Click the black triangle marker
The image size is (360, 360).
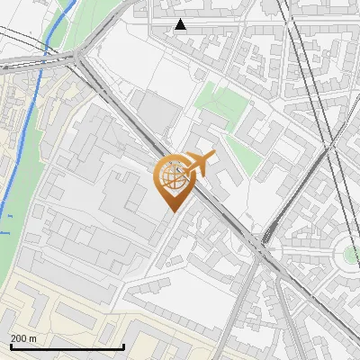tap(181, 24)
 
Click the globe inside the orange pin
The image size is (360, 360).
tap(172, 177)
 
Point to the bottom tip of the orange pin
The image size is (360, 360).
tap(172, 211)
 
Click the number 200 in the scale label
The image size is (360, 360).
tap(18, 338)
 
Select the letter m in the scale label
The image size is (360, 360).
tap(33, 338)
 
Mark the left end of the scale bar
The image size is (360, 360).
tap(11, 346)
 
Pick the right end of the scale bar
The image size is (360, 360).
tap(123, 346)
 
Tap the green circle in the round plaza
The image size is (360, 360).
tap(350, 255)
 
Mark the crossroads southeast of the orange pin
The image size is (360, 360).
tap(264, 241)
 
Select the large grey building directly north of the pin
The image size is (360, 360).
tap(158, 112)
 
